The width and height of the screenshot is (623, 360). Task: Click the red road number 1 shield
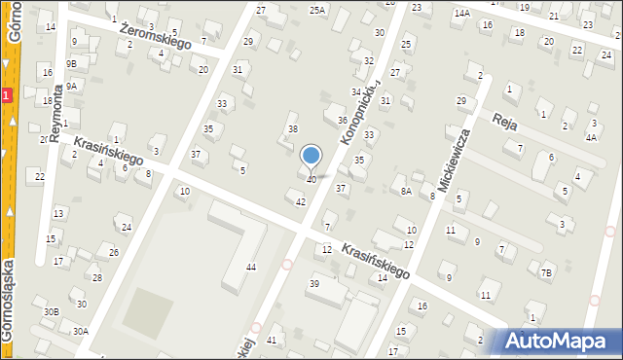coord(6,95)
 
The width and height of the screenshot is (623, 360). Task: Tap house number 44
coord(251,267)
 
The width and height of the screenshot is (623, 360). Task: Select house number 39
coord(313,283)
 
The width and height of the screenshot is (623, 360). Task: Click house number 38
coord(292,129)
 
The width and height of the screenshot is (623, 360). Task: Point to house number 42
coord(301,201)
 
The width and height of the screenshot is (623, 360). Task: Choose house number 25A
coord(317,10)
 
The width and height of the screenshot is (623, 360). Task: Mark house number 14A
coord(461,13)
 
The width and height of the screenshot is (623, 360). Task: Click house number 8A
coord(406,192)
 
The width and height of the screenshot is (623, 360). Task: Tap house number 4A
coord(591,138)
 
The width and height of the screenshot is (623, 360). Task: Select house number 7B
coord(546,272)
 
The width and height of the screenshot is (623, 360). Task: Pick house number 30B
coord(51,311)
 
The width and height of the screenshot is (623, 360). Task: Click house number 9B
coord(71,63)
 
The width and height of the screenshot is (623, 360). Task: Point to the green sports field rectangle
coord(145,310)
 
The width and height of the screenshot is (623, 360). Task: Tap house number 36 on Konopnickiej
coord(342,121)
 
